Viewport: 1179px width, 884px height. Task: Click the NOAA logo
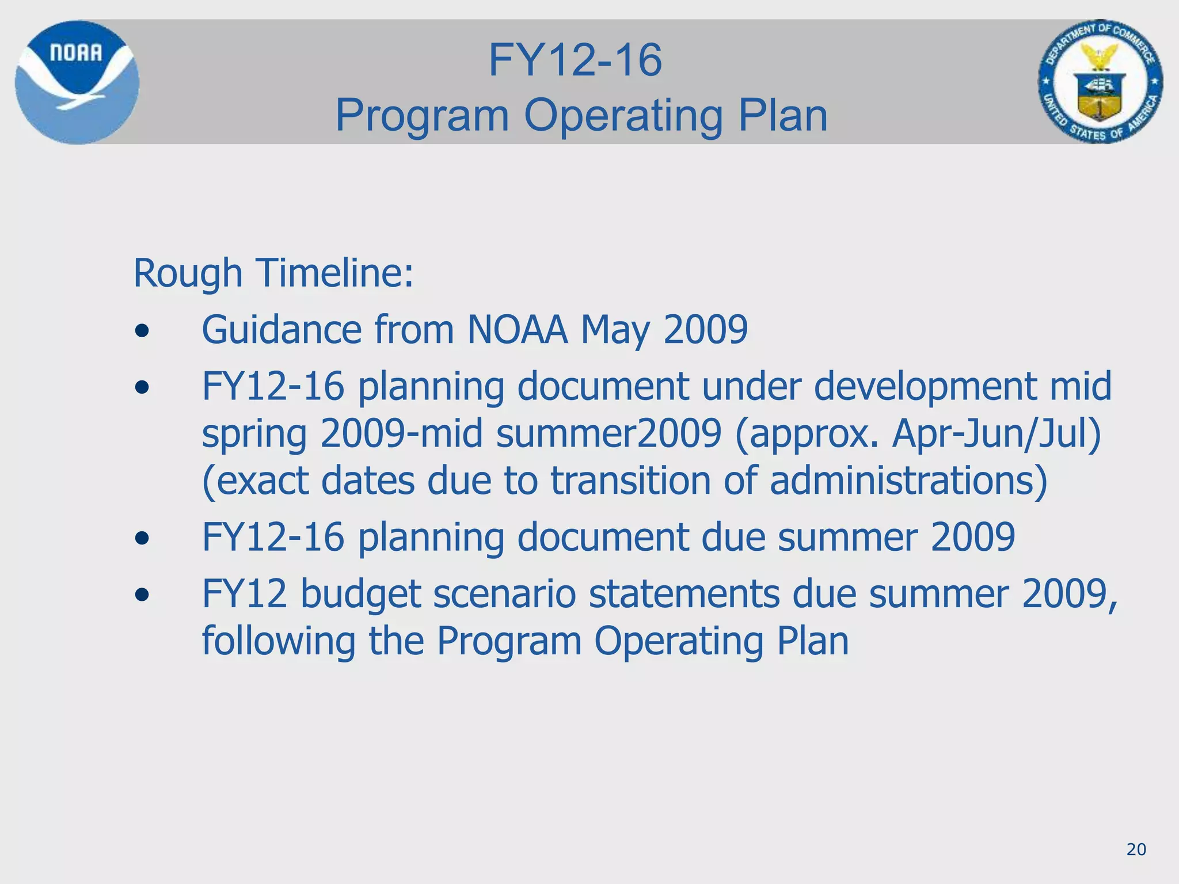pos(77,82)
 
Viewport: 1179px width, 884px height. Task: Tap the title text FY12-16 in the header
pos(575,60)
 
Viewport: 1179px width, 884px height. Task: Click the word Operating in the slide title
pos(623,115)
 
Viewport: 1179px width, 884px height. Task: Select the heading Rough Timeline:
pos(273,273)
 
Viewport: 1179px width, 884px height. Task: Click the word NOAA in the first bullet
pos(517,330)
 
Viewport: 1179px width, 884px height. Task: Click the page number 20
pos(1136,849)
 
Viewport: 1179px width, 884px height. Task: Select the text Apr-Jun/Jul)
pos(997,433)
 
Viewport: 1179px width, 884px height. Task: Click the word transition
pos(630,481)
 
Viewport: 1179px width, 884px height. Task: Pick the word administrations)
pos(908,481)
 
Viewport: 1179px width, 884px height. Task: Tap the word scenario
pos(504,595)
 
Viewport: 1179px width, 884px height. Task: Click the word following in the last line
pos(279,642)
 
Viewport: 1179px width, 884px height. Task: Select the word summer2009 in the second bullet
pos(608,433)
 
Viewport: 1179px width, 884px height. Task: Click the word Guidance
pos(282,330)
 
